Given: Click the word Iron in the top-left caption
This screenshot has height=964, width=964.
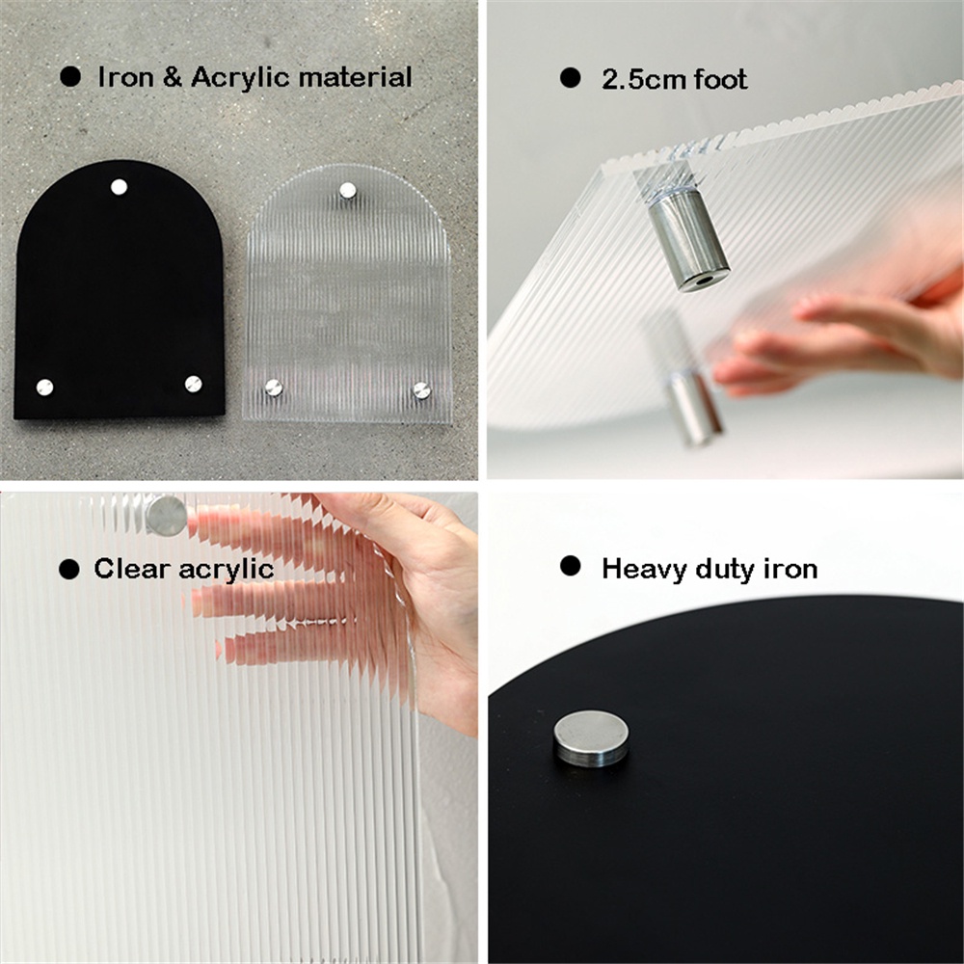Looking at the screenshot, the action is [125, 77].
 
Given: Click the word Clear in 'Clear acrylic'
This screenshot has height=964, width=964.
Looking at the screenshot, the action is [131, 569].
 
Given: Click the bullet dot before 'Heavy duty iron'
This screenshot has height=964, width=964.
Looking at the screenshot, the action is [570, 566].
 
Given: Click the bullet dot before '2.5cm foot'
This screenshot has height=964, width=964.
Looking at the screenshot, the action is [570, 78].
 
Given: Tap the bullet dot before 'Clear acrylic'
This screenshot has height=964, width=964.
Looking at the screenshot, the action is [68, 570].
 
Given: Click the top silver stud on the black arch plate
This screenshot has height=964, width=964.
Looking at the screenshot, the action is [119, 186].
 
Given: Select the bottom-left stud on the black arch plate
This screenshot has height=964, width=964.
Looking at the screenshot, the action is [44, 388].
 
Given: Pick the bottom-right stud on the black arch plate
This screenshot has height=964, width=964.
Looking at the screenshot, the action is [193, 384].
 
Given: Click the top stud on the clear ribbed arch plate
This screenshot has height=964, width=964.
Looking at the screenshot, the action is [347, 190].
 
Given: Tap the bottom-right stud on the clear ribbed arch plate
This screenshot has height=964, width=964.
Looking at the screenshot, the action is [421, 389].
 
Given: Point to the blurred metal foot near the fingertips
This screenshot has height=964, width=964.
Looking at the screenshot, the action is [693, 407].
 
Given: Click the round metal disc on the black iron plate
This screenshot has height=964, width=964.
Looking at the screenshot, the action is [591, 738].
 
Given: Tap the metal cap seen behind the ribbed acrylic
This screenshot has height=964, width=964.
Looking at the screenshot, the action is [166, 515].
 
